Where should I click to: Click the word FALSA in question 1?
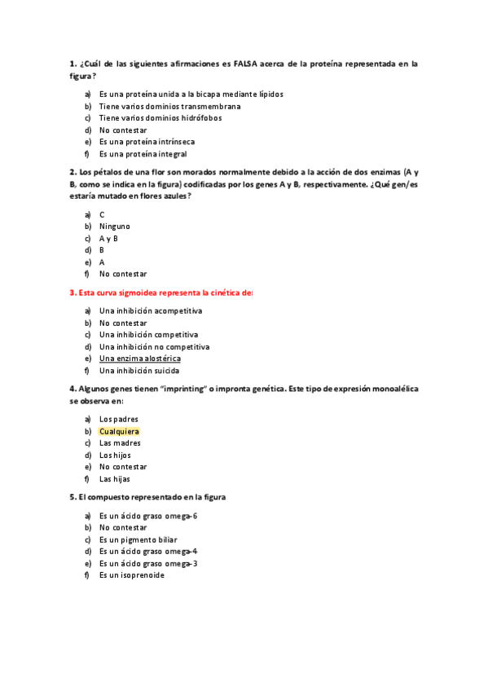(245, 64)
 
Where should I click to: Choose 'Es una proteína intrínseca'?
(147, 142)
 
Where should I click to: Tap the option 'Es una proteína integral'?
(143, 154)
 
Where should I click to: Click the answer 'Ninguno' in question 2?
(114, 227)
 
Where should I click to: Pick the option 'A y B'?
(108, 239)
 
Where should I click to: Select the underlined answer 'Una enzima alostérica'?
(139, 359)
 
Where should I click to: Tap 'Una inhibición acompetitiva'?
(151, 310)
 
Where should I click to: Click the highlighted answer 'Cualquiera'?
(119, 431)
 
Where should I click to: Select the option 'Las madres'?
(120, 443)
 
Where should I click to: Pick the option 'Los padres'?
(118, 419)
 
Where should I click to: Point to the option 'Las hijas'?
(115, 479)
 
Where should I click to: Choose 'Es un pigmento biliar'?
(138, 539)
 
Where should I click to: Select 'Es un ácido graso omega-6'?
(147, 516)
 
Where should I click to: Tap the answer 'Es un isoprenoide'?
(131, 575)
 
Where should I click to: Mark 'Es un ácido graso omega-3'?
(147, 563)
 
